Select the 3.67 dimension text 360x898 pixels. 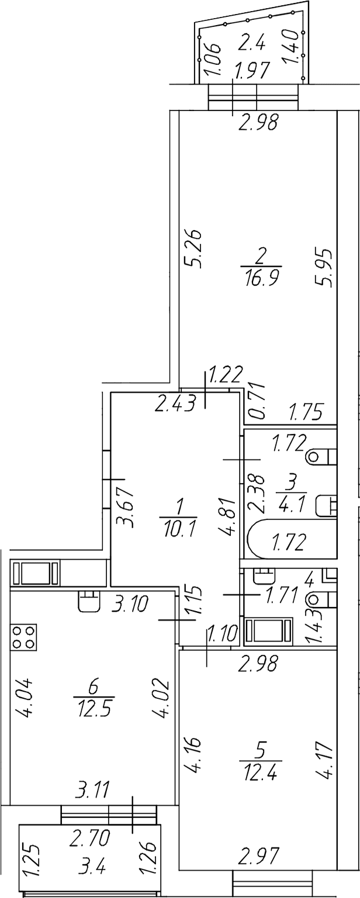pos(124,507)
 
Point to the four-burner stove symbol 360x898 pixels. pos(23,637)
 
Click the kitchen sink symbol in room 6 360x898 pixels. pos(89,601)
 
